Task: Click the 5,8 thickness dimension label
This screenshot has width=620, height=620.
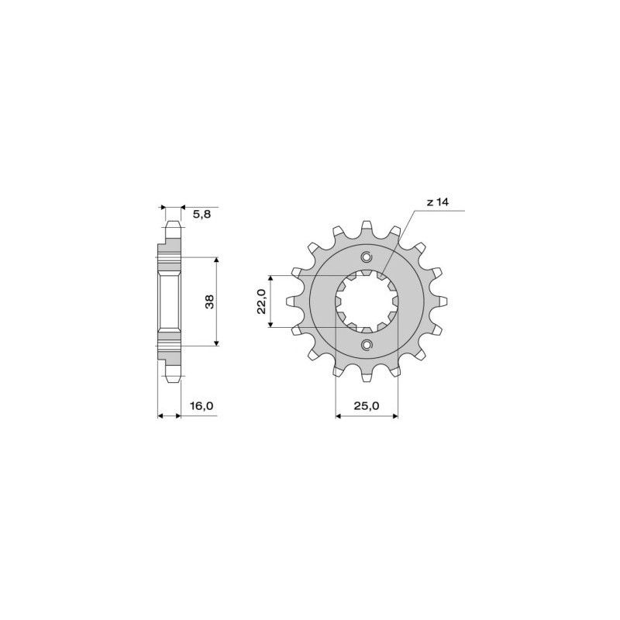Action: pos(200,215)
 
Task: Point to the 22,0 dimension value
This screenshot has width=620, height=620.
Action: pos(260,301)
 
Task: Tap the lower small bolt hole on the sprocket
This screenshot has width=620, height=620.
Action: pos(367,343)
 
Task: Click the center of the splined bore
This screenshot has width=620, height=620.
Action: pos(367,301)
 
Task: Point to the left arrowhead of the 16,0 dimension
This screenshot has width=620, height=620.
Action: pos(161,416)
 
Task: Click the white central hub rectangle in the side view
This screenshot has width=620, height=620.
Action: pos(169,301)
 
